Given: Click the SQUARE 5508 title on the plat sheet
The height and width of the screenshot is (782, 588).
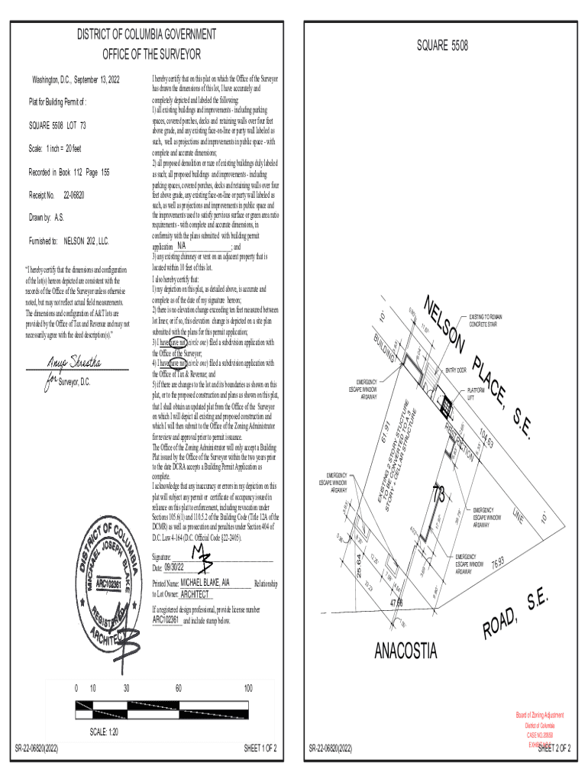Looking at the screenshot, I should (x=442, y=47).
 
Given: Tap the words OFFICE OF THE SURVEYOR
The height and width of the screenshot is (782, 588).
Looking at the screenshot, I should (x=152, y=55).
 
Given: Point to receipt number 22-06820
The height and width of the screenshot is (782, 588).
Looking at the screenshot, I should (x=73, y=195).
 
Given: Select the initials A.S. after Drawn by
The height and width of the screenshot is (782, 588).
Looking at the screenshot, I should (x=59, y=218).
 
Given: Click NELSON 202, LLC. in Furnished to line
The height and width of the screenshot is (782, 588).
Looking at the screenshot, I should (x=86, y=241).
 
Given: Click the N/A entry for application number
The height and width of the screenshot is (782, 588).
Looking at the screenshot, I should (x=181, y=247).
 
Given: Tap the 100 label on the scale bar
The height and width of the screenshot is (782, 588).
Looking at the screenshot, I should (x=248, y=689).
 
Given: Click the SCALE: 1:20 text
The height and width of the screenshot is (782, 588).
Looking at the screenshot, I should (x=104, y=732).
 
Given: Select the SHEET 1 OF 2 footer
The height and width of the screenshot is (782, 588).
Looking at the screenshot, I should (x=260, y=748).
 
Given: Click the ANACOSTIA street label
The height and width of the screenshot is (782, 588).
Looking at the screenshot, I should (x=405, y=651).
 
